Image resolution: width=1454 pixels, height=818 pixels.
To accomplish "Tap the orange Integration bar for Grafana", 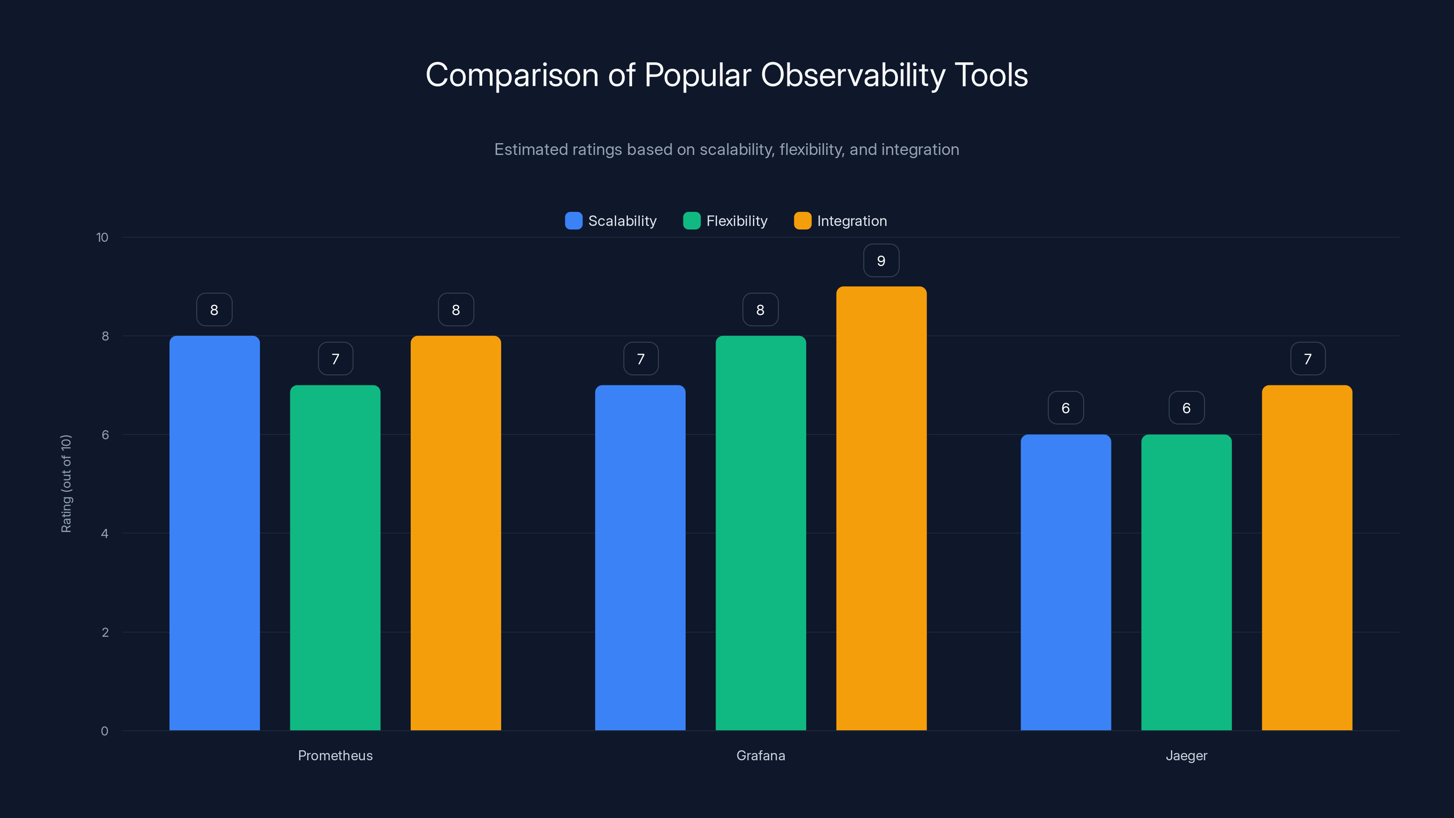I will (881, 508).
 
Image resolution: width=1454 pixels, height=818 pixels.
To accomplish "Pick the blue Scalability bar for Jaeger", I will (1066, 582).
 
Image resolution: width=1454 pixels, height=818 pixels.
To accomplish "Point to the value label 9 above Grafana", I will (881, 260).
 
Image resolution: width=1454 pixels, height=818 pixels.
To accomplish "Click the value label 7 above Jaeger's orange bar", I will (1307, 359).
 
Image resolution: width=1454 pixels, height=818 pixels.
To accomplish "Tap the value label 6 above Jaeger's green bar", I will (1186, 408).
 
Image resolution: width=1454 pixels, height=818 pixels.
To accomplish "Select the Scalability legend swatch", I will (573, 221).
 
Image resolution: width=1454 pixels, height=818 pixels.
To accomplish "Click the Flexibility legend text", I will (737, 221).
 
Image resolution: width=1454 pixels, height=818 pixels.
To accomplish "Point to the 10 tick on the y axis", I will (102, 237).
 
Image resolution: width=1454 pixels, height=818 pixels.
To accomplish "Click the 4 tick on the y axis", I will (105, 534).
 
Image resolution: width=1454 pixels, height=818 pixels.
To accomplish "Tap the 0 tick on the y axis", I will (105, 731).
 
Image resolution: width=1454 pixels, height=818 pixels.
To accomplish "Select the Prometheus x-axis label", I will (335, 755).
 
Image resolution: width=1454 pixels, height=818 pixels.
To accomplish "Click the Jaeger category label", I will (1186, 755).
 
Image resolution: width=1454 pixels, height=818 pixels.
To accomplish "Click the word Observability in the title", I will (853, 75).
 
